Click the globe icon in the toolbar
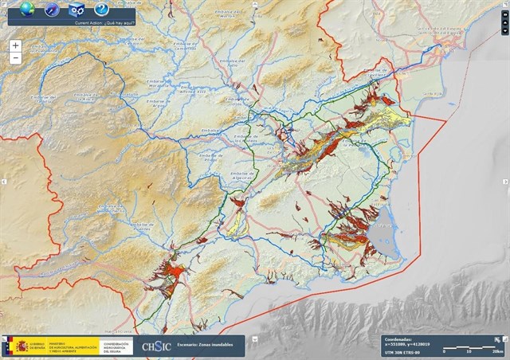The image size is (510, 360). pos(28,10)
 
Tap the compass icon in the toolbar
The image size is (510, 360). pos(53,10)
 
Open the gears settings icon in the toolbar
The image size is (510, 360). pos(76,10)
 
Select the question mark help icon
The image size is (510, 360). pos(101,10)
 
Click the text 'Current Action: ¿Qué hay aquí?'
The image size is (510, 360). pos(104,23)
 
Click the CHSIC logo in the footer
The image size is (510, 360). pos(156,346)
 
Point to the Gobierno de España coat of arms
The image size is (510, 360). pos(17,346)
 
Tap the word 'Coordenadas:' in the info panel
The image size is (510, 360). pos(398,338)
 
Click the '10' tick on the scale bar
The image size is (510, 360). pos(469,351)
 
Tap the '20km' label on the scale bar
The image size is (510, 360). pos(498,351)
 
